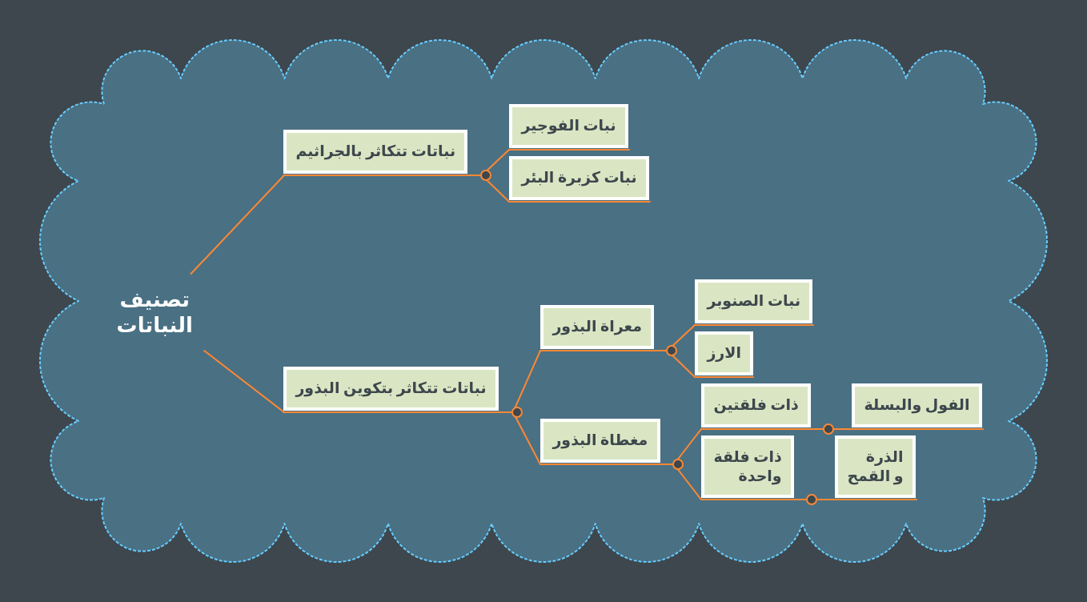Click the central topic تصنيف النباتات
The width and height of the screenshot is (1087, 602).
pyautogui.click(x=154, y=313)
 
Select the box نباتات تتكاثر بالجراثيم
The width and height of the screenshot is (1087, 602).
pyautogui.click(x=375, y=151)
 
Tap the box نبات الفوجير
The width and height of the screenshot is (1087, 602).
pyautogui.click(x=568, y=126)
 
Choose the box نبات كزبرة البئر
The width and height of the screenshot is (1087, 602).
pyautogui.click(x=579, y=178)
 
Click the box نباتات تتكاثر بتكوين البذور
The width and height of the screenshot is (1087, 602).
pyautogui.click(x=391, y=388)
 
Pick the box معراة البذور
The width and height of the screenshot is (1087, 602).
pyautogui.click(x=597, y=327)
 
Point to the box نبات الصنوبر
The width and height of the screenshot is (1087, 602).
pyautogui.click(x=753, y=301)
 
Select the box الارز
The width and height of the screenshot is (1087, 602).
pyautogui.click(x=724, y=353)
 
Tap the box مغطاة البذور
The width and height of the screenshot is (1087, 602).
pyautogui.click(x=600, y=440)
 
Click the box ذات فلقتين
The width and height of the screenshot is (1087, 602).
pyautogui.click(x=756, y=405)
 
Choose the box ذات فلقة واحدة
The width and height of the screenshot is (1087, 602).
pyautogui.click(x=748, y=467)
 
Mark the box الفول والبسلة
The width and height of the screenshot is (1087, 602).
pyautogui.click(x=917, y=405)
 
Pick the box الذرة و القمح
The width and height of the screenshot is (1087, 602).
pyautogui.click(x=875, y=467)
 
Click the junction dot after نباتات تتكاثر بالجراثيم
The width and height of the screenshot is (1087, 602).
pyautogui.click(x=486, y=175)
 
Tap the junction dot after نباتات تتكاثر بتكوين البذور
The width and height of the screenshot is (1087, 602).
pyautogui.click(x=517, y=412)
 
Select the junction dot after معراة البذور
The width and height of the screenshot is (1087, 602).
pyautogui.click(x=671, y=351)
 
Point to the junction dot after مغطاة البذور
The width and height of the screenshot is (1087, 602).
pyautogui.click(x=678, y=464)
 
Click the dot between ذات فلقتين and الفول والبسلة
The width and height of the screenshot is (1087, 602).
pyautogui.click(x=828, y=429)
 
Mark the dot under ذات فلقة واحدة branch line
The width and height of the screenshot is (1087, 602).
pyautogui.click(x=812, y=500)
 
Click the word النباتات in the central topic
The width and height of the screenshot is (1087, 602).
pyautogui.click(x=154, y=325)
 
